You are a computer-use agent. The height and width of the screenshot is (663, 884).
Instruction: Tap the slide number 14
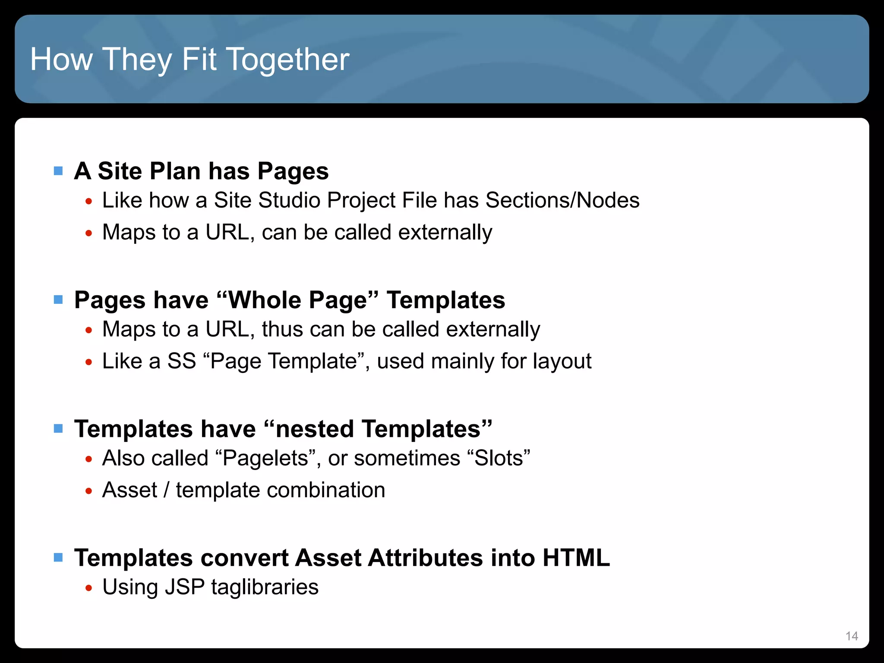coord(852,636)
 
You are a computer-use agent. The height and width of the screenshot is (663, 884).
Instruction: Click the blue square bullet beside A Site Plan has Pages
coord(58,171)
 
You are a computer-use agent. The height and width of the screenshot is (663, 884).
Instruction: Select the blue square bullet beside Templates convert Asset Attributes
coord(58,557)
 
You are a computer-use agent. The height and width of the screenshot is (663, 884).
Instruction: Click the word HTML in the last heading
coord(576,557)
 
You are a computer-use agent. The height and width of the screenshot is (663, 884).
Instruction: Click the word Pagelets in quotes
coord(265,458)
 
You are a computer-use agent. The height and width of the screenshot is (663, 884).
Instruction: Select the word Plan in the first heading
coord(175,171)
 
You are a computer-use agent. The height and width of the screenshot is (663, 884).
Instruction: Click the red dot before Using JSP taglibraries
coord(89,588)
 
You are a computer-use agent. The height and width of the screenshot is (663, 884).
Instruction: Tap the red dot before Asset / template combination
coord(89,491)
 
